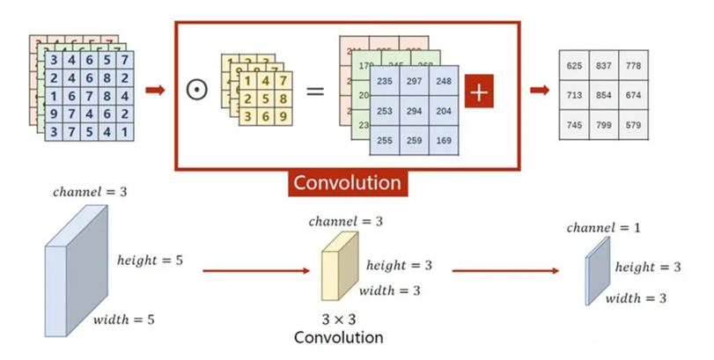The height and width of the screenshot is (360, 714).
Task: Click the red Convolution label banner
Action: (347, 182)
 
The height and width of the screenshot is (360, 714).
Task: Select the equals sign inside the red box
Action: (314, 91)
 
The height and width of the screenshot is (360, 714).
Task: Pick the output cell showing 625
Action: (574, 66)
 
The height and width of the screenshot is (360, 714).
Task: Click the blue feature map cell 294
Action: (415, 112)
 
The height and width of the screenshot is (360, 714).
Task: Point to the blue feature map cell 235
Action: (386, 81)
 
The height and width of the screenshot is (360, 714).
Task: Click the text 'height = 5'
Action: (150, 260)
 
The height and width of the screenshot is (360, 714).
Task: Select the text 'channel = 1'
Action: (603, 228)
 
